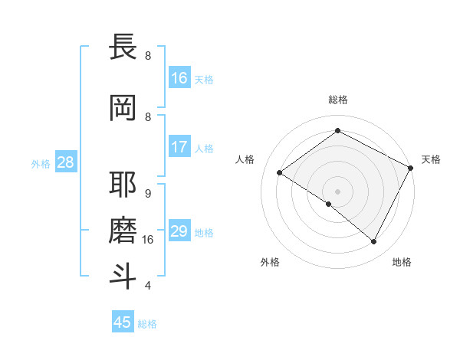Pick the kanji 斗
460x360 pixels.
coord(123,276)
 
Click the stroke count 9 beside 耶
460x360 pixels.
coord(148,193)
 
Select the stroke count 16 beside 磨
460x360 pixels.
coord(148,240)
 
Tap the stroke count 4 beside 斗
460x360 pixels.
coord(148,286)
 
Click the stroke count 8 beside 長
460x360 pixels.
coord(148,56)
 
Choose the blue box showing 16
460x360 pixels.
coord(179,78)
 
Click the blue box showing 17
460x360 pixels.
coord(179,147)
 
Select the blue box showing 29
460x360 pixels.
coord(179,231)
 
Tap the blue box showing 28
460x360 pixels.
coord(65,162)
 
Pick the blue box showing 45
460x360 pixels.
coord(123,322)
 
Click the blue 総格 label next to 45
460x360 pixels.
coord(148,324)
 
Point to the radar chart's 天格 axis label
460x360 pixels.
coord(431,159)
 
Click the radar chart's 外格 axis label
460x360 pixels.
coord(270,262)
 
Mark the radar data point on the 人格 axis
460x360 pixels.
coord(280,172)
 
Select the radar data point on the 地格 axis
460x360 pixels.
coord(374,242)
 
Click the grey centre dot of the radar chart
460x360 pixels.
coord(337,191)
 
